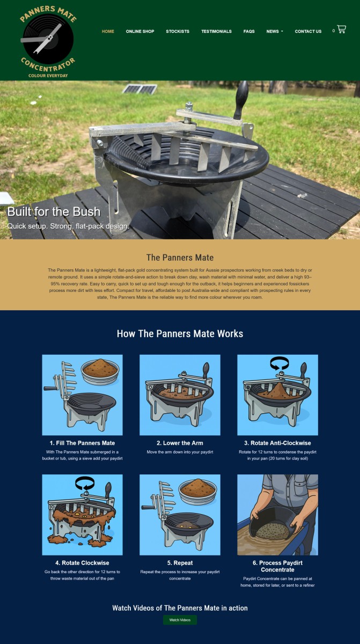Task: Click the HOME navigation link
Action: tap(108, 31)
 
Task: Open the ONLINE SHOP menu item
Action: tap(140, 31)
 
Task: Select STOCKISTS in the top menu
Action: tap(178, 31)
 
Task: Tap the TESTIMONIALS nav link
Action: tap(216, 31)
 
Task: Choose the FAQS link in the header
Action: tap(249, 31)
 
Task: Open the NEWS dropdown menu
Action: tap(274, 31)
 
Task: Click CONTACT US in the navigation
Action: tap(308, 31)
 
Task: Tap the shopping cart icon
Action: tap(341, 29)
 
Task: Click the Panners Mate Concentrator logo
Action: tap(48, 42)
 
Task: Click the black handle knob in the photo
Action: tap(241, 100)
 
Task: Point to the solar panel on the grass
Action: tap(139, 89)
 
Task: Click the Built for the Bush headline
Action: tap(54, 211)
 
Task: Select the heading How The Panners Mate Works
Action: tap(180, 333)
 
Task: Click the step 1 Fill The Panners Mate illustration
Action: tap(82, 395)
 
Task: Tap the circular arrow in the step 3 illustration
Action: tap(280, 363)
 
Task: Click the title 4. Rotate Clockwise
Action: tap(82, 562)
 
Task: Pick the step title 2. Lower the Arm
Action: tap(180, 443)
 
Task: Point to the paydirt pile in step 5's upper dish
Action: tap(198, 486)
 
